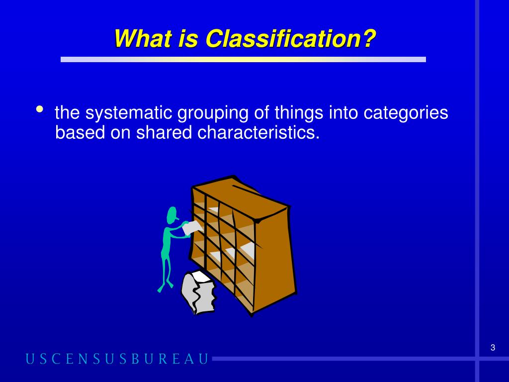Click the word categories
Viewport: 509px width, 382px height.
pos(406,113)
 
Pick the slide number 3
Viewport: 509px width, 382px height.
pos(493,348)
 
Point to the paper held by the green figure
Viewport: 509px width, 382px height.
pos(192,228)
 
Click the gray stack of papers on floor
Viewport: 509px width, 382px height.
pos(198,292)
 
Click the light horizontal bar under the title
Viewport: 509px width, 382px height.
pos(243,59)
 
